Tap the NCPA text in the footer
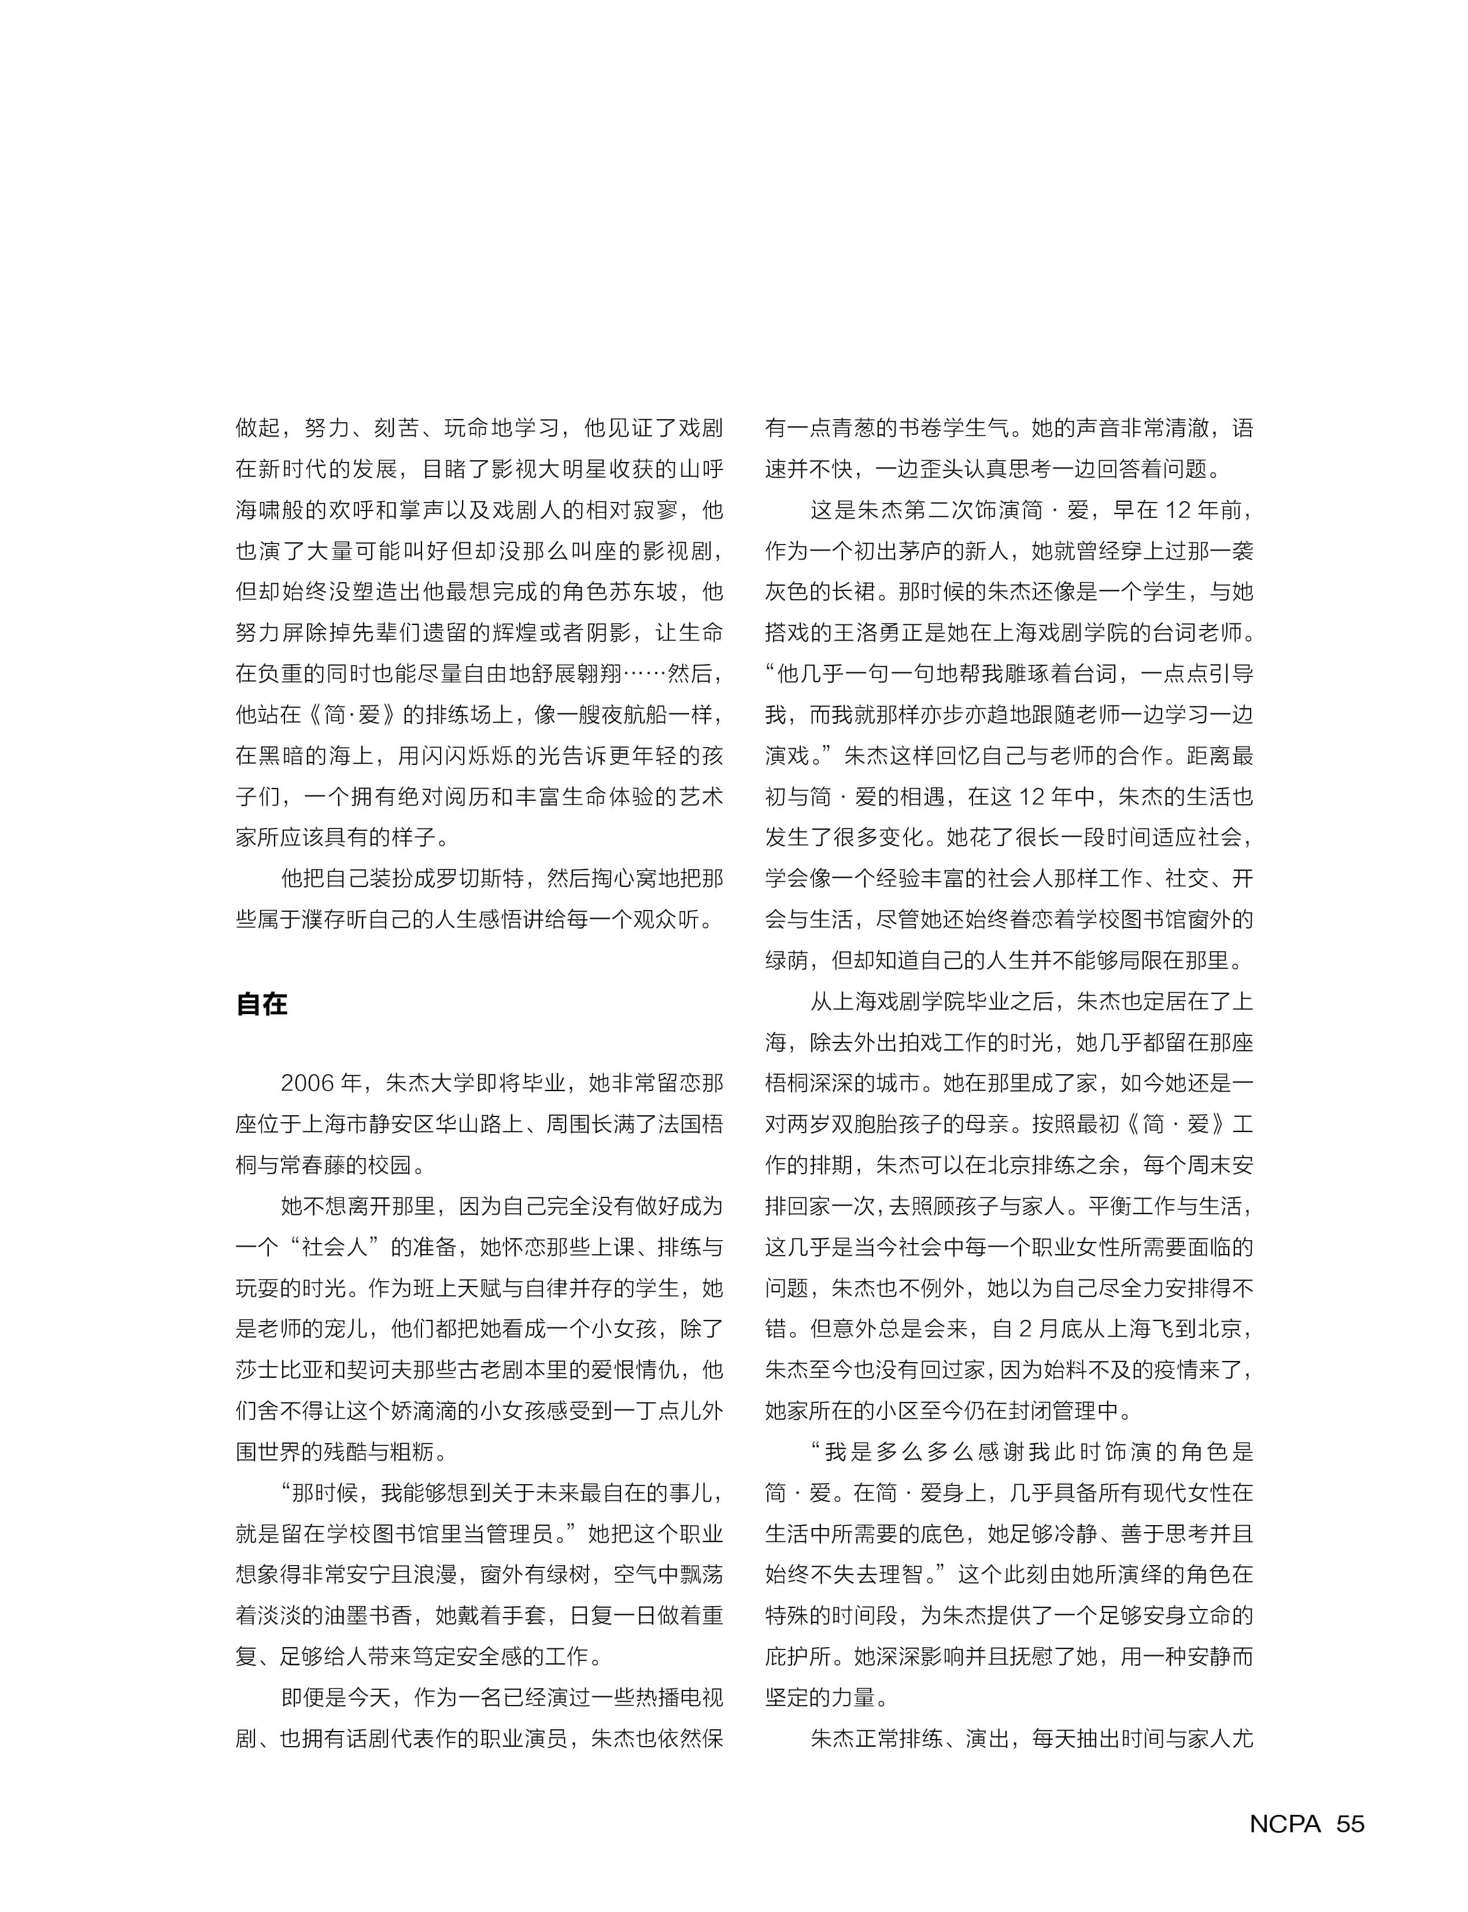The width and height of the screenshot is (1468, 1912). [x=1285, y=1824]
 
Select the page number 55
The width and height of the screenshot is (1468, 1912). [x=1350, y=1824]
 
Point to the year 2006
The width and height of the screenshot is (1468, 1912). [x=308, y=1083]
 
